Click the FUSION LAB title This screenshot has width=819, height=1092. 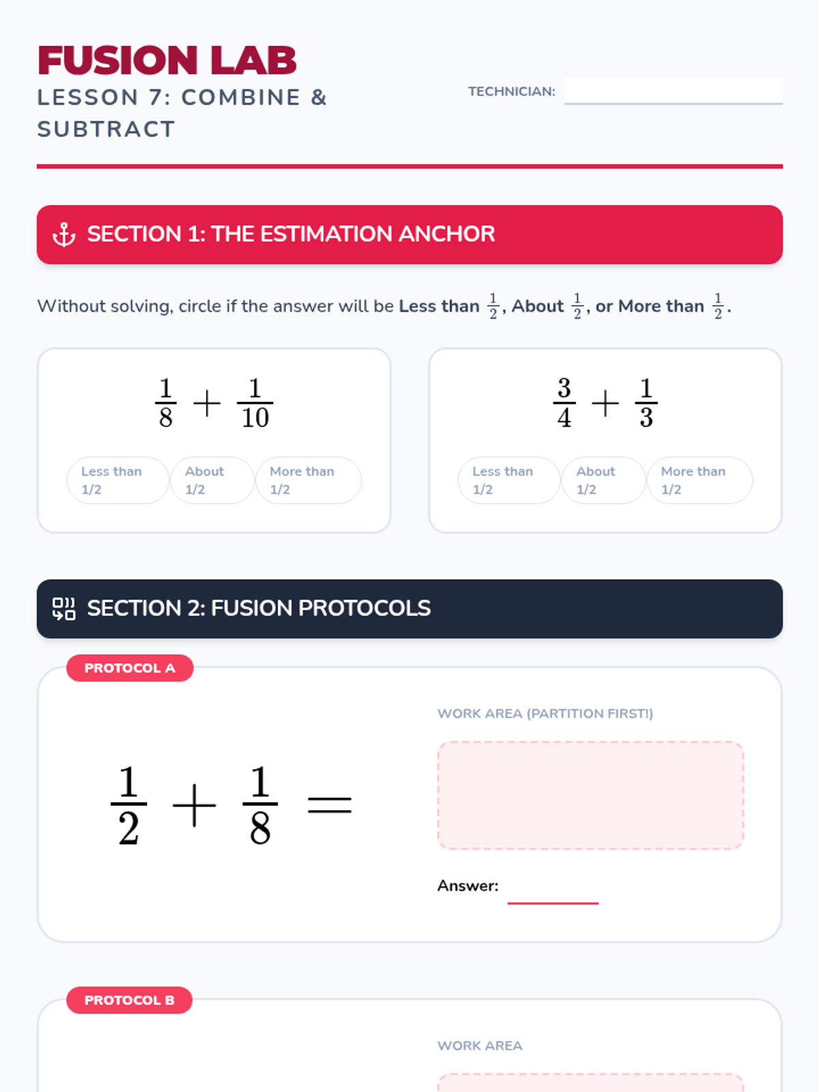click(167, 61)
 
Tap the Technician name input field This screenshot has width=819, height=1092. click(674, 91)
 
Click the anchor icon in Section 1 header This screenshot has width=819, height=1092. click(64, 234)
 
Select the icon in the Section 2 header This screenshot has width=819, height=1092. click(64, 608)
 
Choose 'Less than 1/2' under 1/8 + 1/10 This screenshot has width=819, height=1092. click(118, 480)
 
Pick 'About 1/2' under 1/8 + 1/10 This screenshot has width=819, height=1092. click(212, 480)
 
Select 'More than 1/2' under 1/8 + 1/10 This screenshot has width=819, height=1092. click(308, 480)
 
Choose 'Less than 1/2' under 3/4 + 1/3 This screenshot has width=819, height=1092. click(509, 480)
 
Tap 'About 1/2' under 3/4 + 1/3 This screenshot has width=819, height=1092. click(604, 480)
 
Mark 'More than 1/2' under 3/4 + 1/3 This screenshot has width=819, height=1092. click(700, 480)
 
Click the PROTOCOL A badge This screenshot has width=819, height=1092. click(130, 667)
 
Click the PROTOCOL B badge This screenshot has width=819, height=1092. click(129, 1000)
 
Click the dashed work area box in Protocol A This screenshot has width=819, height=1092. click(591, 795)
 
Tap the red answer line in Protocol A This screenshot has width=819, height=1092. click(553, 903)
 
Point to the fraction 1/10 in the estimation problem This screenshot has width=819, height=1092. click(255, 403)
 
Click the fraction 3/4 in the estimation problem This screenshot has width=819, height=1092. click(564, 403)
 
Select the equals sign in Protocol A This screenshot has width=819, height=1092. click(330, 805)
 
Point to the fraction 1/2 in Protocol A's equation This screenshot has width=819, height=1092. click(129, 805)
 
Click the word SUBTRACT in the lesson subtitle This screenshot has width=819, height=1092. click(106, 130)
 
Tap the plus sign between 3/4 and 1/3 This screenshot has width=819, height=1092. click(605, 403)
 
